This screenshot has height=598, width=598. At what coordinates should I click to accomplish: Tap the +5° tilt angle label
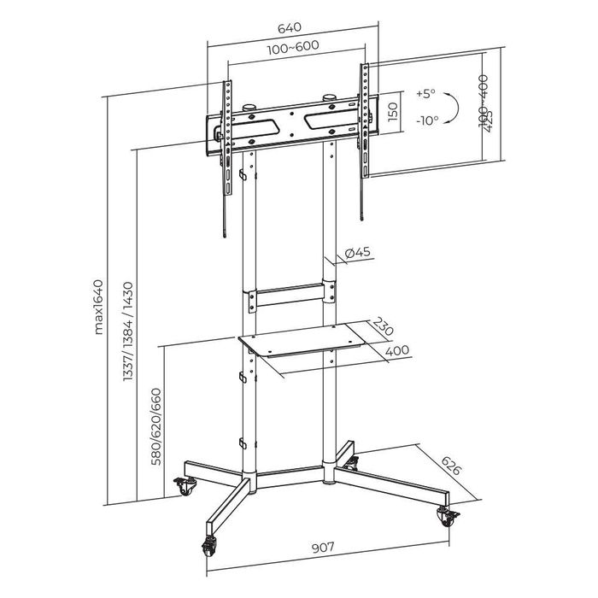pos(425,93)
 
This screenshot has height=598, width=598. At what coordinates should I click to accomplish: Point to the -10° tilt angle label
pos(425,120)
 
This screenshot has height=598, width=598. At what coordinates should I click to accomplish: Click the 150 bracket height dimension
pos(392,113)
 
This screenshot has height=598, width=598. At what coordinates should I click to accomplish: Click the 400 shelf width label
pos(396,350)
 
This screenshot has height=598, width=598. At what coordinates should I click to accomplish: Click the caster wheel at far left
pos(184,486)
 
